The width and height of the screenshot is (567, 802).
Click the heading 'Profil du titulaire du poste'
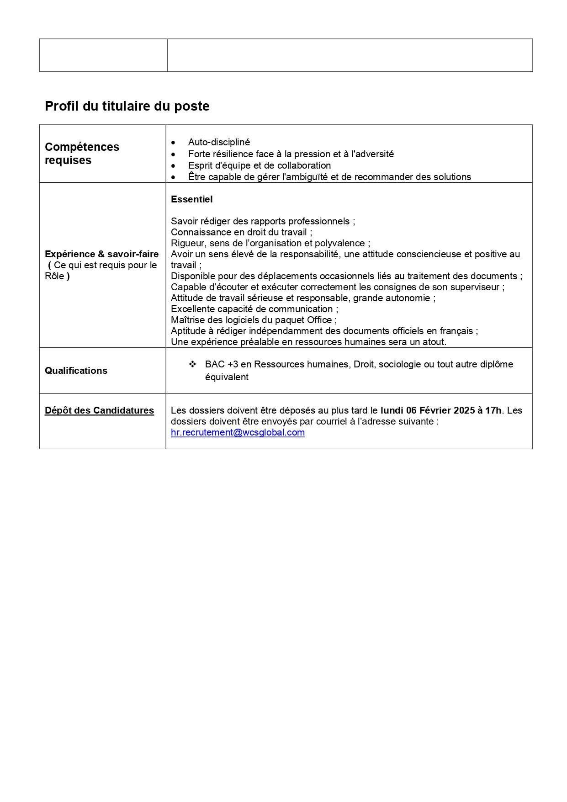(x=127, y=106)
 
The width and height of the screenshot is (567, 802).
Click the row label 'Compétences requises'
(x=82, y=154)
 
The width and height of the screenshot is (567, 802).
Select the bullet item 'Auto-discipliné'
(x=219, y=142)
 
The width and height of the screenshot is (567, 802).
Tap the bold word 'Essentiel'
(x=191, y=199)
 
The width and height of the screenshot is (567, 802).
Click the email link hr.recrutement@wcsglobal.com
(x=238, y=432)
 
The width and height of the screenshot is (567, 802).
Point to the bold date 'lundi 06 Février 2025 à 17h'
(x=440, y=410)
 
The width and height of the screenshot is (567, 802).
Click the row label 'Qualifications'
(x=76, y=371)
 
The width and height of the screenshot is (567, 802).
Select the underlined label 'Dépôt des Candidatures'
(x=99, y=410)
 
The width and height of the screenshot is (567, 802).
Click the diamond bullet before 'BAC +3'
(x=192, y=364)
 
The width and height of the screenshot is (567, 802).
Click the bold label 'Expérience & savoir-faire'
(x=101, y=254)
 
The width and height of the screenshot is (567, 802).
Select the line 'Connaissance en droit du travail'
(x=241, y=232)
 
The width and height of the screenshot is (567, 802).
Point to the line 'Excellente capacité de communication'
(x=254, y=309)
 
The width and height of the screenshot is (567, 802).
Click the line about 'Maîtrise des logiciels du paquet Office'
(x=254, y=320)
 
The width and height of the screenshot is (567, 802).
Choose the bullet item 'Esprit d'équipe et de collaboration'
(x=259, y=165)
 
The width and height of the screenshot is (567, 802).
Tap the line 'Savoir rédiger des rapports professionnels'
(x=263, y=221)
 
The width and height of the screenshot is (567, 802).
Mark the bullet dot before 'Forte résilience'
(x=173, y=154)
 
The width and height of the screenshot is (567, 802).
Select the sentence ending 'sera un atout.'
(x=308, y=342)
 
